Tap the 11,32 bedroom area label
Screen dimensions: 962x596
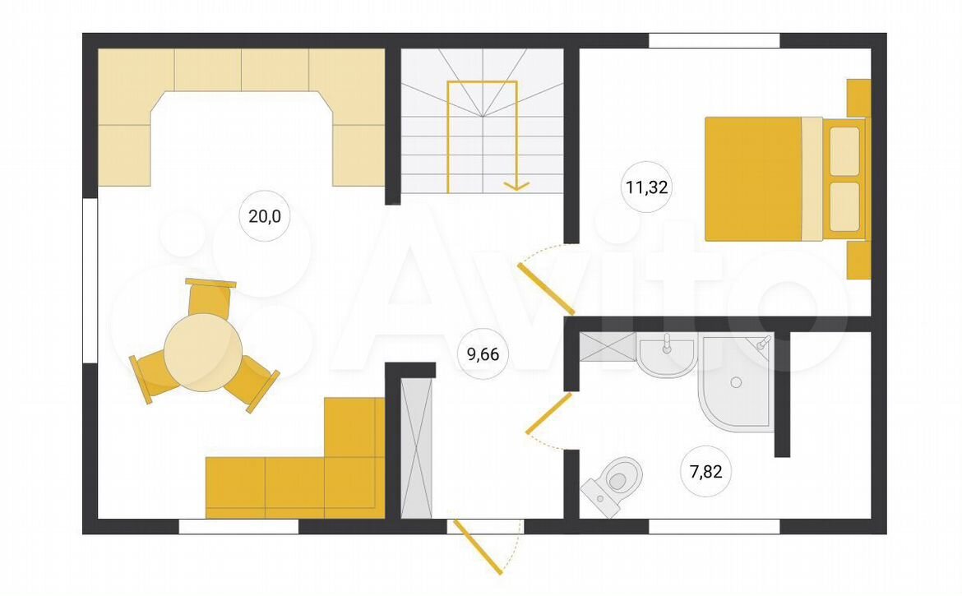(x=646, y=187)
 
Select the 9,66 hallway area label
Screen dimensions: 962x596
(x=483, y=353)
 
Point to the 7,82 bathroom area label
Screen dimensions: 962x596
(x=706, y=472)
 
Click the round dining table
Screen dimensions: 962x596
(x=203, y=353)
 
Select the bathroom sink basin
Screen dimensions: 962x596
(x=666, y=355)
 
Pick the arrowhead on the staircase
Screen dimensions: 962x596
(x=516, y=185)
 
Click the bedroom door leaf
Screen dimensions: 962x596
(x=546, y=289)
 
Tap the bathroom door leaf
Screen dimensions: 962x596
(x=548, y=414)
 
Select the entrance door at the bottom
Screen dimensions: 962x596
(x=478, y=547)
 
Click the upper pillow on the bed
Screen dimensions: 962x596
(x=844, y=150)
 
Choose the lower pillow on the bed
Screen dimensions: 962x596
(x=844, y=206)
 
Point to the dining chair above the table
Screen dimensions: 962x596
(x=209, y=298)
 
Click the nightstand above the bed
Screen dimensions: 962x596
(x=859, y=98)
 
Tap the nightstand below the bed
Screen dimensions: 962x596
(x=859, y=260)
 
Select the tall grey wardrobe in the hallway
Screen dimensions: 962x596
(x=417, y=447)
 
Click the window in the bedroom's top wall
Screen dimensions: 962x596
(x=715, y=40)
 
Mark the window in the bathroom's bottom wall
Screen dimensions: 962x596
(x=715, y=526)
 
